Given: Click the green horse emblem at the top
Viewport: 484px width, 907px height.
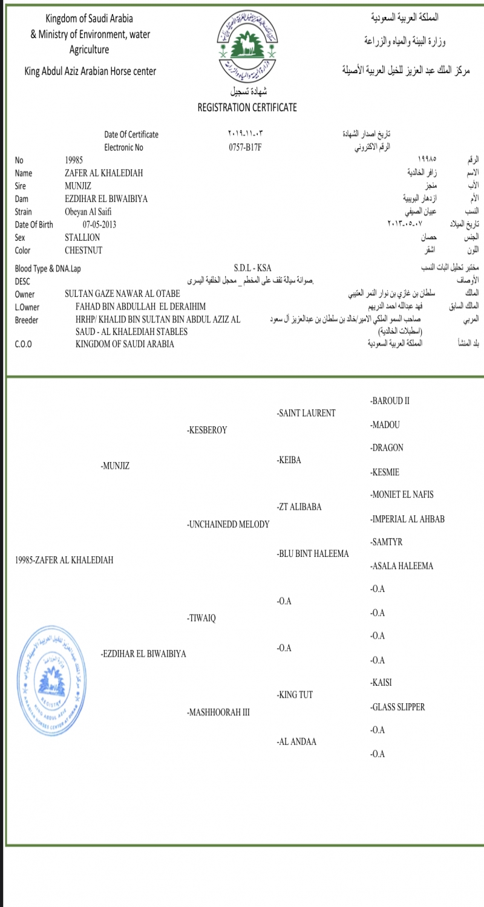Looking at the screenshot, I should click(247, 48).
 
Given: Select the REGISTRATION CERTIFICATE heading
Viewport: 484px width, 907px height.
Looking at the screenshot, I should click(247, 108).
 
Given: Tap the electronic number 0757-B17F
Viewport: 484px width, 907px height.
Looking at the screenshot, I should click(244, 147).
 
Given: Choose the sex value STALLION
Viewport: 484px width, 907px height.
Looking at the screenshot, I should click(82, 238).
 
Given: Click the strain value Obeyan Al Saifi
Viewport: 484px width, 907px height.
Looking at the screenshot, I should click(88, 212).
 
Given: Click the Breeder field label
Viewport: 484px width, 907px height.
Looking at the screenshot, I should click(27, 320).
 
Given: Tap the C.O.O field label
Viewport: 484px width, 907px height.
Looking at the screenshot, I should click(24, 345).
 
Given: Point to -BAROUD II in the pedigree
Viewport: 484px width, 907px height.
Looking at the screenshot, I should click(390, 401).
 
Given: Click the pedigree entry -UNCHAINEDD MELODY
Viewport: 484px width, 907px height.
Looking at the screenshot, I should click(228, 524).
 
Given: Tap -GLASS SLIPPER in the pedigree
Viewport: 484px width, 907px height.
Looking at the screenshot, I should click(397, 707).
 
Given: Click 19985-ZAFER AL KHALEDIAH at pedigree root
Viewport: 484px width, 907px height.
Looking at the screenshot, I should click(64, 560).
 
